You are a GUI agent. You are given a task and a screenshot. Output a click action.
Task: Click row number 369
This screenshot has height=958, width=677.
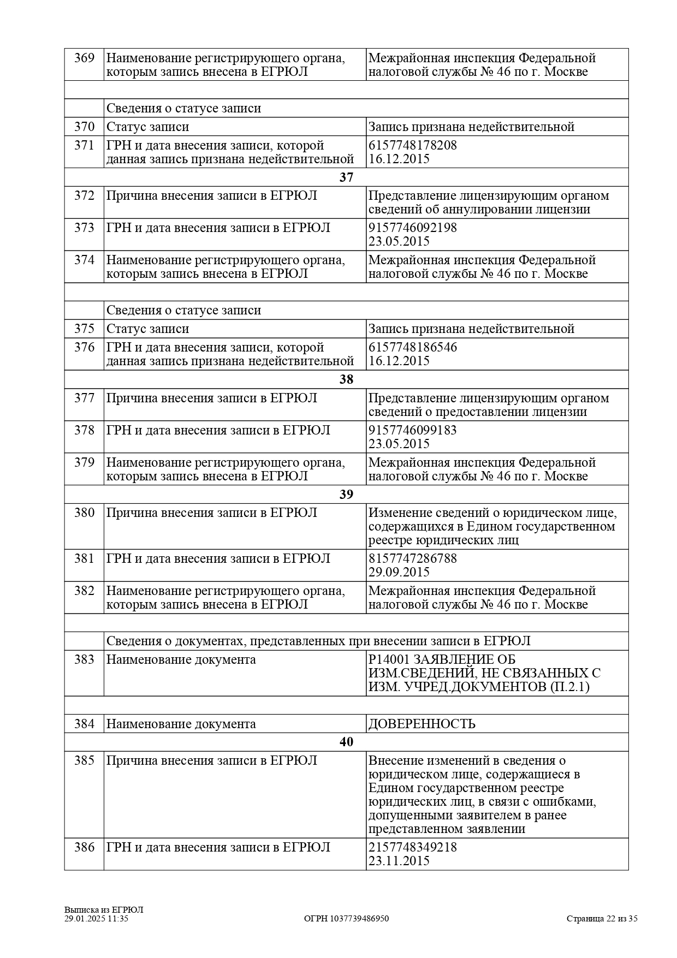point(84,58)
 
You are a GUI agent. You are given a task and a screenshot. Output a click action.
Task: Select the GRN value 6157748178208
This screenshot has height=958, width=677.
point(413,146)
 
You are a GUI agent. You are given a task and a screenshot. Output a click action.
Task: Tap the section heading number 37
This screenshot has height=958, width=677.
point(346,177)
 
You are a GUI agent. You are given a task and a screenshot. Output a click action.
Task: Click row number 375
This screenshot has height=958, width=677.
point(84,329)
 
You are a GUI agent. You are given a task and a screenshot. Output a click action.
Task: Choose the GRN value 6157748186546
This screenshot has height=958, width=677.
point(413,348)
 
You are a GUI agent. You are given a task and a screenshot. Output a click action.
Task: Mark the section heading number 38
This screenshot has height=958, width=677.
point(346,379)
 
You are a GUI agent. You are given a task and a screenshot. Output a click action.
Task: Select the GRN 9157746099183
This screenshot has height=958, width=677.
point(413,430)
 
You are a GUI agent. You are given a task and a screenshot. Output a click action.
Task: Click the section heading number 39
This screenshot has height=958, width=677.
point(346,494)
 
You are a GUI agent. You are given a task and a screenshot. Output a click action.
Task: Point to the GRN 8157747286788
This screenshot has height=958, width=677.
point(413,558)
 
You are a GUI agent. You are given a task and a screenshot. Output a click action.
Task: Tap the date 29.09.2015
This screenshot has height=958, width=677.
point(399,572)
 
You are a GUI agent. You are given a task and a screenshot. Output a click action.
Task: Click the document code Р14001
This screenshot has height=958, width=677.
point(387,660)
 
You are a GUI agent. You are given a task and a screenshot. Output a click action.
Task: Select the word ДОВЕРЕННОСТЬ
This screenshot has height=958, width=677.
point(422,724)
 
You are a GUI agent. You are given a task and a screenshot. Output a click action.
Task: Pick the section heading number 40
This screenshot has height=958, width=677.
point(346,742)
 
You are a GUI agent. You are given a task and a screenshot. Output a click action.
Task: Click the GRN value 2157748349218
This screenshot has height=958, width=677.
point(413,847)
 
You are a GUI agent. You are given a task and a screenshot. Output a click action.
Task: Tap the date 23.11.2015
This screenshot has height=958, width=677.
point(399,861)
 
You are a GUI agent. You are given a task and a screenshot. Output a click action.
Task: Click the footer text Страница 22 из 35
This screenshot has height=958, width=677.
point(602,919)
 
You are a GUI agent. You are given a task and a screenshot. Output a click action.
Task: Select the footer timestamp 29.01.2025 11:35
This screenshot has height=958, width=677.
point(96,919)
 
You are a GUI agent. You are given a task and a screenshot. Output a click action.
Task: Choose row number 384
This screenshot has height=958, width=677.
point(84,724)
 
